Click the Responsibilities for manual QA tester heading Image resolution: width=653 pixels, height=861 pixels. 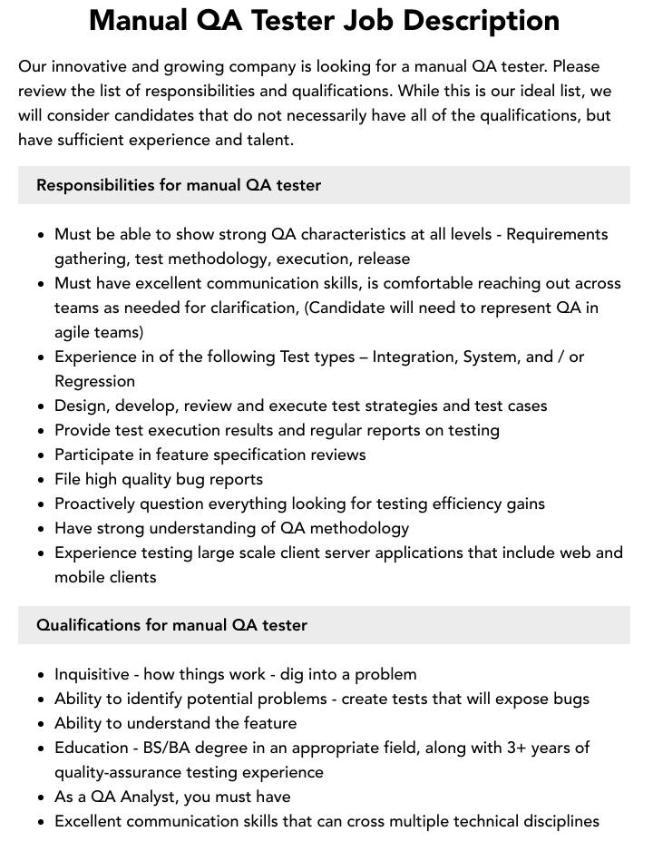coord(179,185)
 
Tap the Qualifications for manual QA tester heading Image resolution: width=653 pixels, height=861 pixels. coord(171,625)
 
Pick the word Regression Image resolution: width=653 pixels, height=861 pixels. coord(94,381)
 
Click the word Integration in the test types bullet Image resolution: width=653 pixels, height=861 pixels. coord(413,357)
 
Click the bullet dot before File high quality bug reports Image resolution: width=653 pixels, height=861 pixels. coord(41,480)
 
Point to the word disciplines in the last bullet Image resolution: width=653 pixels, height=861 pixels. coord(554,821)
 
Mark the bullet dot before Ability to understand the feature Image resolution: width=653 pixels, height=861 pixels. coord(41,724)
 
